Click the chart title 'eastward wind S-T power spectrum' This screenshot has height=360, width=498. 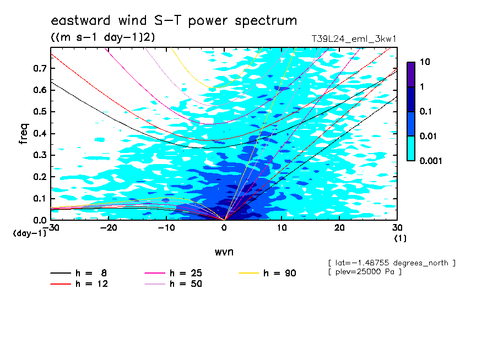click(x=174, y=21)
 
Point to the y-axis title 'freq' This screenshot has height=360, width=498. click(x=24, y=134)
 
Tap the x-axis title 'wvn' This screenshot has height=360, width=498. click(x=224, y=252)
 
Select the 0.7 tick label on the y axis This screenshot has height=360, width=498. click(x=40, y=68)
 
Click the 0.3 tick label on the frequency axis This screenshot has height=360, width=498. click(x=40, y=155)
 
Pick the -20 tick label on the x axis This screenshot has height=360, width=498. click(x=109, y=228)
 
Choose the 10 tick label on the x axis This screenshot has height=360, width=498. click(x=282, y=228)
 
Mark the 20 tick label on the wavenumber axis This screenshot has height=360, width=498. click(x=339, y=228)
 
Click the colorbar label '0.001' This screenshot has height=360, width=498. click(x=431, y=161)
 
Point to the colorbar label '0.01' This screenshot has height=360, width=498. click(x=429, y=136)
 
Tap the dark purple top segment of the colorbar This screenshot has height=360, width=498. click(x=411, y=75)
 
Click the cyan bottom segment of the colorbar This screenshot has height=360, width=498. click(x=411, y=149)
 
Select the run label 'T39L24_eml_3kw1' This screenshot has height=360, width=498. click(x=354, y=39)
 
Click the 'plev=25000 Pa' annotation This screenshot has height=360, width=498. click(x=365, y=272)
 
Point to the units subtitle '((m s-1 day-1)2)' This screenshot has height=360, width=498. click(x=103, y=37)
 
